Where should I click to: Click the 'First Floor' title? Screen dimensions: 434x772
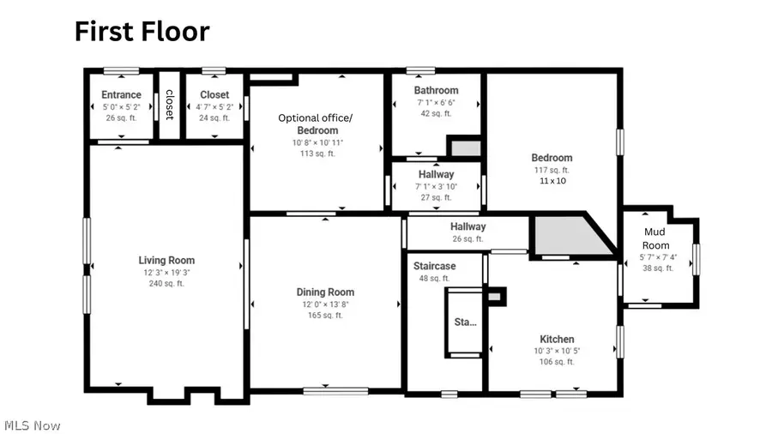coord(142,32)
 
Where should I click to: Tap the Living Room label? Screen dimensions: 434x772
coord(166,260)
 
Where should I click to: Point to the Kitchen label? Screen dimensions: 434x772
coord(557,339)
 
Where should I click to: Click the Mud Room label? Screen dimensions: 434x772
coord(655,238)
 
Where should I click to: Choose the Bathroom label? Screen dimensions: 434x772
coord(436,90)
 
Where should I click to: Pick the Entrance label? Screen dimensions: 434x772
coord(121,95)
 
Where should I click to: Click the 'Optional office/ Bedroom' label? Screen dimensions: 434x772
coord(315,124)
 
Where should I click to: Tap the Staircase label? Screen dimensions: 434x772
coord(434,267)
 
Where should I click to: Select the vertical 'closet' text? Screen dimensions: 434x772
coord(170,105)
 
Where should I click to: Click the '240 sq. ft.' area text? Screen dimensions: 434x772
coord(166,283)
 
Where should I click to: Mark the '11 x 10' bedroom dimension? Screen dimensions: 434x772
coord(552,181)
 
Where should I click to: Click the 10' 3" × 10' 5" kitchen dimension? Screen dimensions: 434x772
coord(557,350)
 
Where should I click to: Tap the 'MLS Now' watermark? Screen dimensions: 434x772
coord(32,425)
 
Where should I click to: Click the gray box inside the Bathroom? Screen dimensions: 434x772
coord(466,148)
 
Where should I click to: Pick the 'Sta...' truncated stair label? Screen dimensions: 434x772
coord(465,322)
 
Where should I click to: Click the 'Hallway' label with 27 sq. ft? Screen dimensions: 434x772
coord(437,174)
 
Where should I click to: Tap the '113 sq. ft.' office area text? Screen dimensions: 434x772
coord(317,154)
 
